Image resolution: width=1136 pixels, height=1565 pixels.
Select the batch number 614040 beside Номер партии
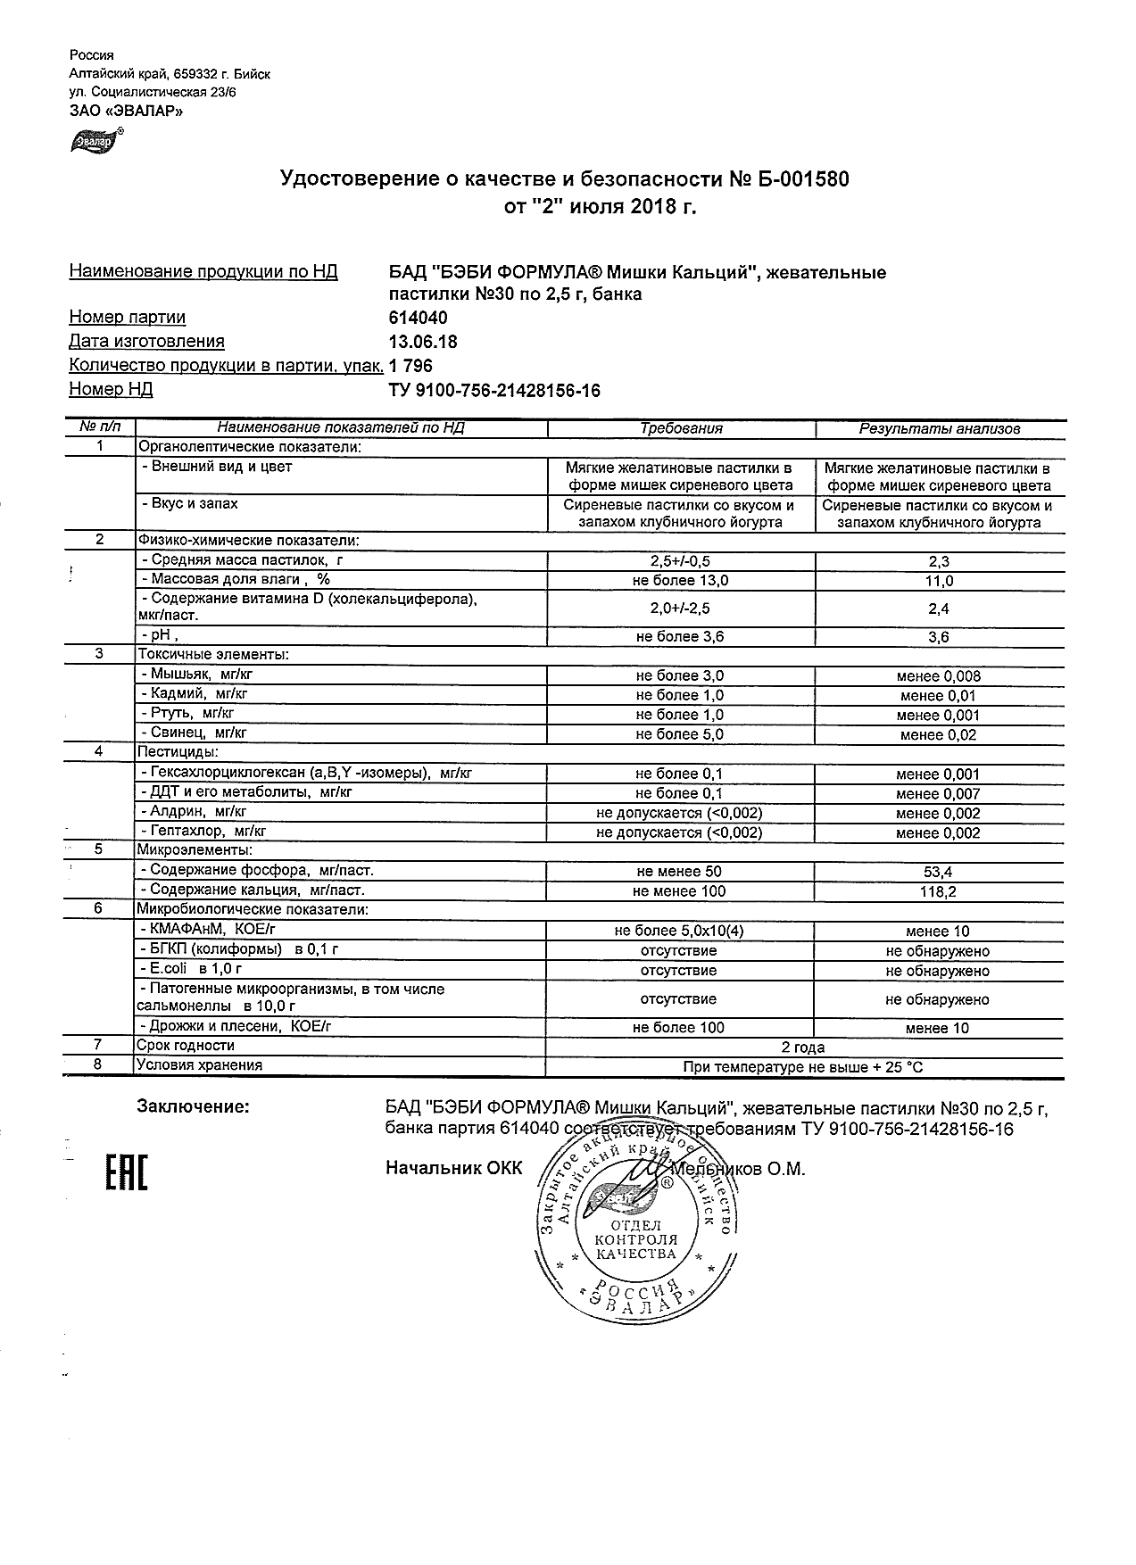click(419, 318)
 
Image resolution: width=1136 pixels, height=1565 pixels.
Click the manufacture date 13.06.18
click(424, 341)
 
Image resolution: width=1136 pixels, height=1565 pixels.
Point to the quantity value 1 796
click(411, 365)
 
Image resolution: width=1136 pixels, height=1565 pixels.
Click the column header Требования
click(681, 428)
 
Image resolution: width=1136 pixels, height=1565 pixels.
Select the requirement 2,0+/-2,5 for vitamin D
click(681, 609)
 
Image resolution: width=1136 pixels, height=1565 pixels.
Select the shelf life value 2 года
click(803, 1047)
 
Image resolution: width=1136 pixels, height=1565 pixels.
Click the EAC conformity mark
click(126, 1172)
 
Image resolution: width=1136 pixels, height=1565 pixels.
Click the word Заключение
click(193, 1107)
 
